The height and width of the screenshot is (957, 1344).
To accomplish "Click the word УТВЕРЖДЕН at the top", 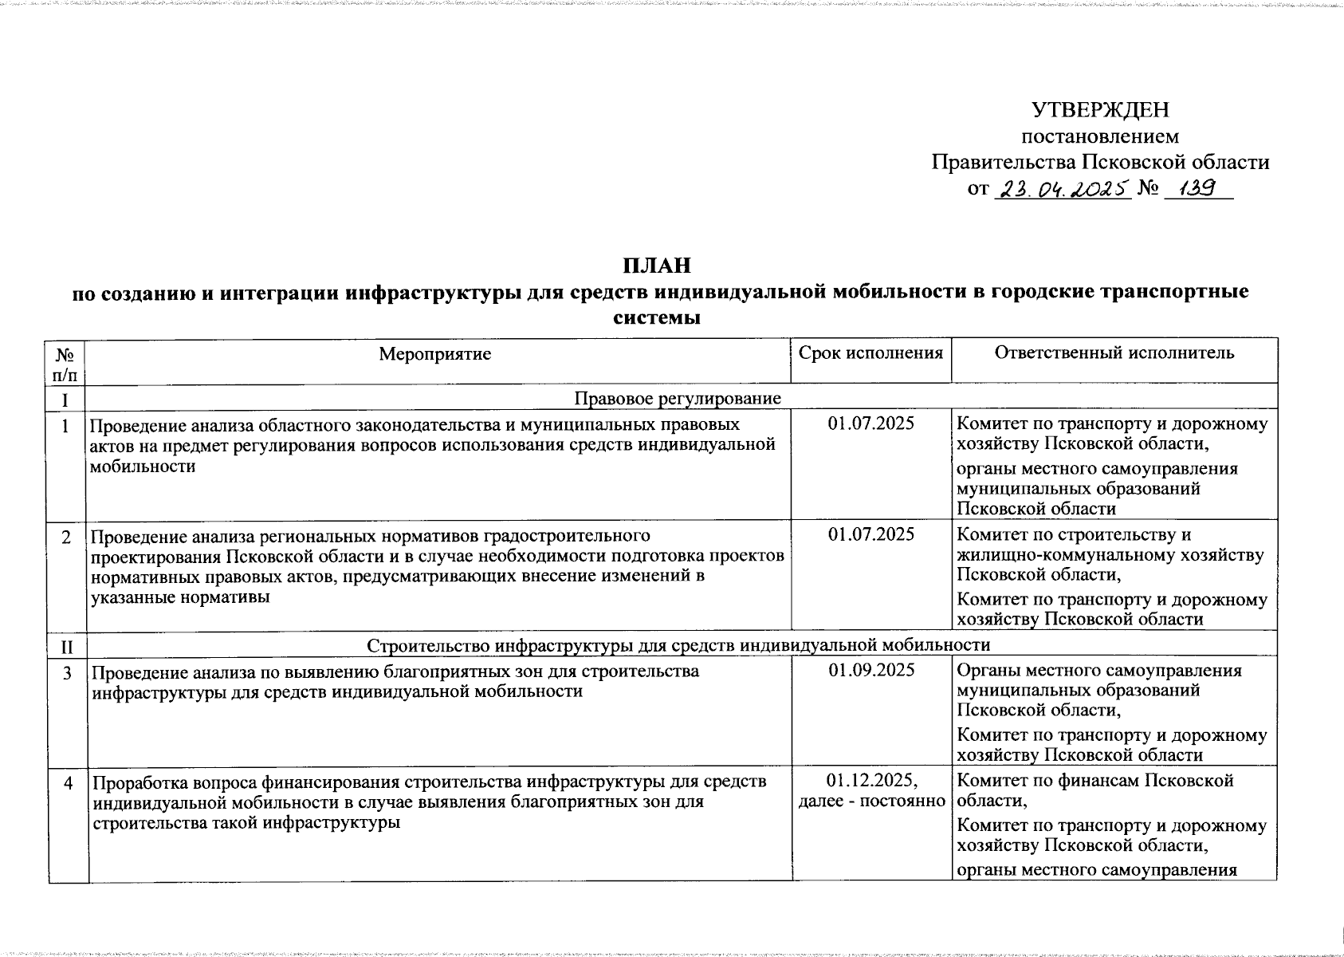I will [x=1100, y=109].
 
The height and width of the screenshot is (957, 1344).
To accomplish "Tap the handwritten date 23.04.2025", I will [x=1063, y=189].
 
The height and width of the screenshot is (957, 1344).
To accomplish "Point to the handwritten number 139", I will [x=1198, y=188].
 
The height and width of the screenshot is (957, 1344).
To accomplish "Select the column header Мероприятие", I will [x=435, y=353].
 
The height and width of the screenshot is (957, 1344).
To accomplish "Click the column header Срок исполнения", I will [x=870, y=352].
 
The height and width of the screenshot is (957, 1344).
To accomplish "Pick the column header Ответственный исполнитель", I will [x=1114, y=352].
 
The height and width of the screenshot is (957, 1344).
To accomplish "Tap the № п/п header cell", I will [x=67, y=363].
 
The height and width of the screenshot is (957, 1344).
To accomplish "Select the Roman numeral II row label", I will [x=67, y=644].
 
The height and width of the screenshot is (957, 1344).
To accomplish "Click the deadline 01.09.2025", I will [x=870, y=671].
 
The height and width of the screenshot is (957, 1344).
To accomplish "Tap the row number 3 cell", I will [x=68, y=673].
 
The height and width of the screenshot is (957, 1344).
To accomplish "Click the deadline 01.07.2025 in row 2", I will [x=870, y=534].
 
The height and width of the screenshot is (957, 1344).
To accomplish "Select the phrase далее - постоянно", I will [x=871, y=801].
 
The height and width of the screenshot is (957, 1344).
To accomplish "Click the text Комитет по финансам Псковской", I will [x=1094, y=781].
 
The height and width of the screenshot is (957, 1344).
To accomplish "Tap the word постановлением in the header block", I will [x=1100, y=136].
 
